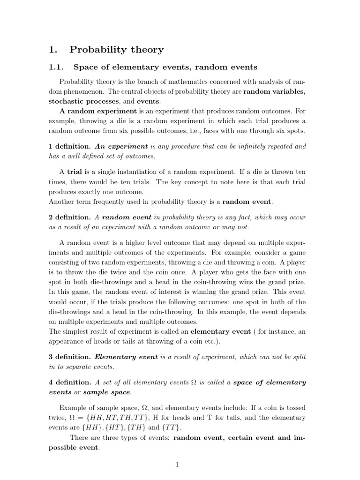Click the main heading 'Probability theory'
[x=116, y=49]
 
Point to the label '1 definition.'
[x=70, y=146]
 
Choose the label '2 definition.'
[x=70, y=217]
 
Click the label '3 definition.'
[x=70, y=357]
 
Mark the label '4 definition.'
[x=70, y=382]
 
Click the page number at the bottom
[x=177, y=464]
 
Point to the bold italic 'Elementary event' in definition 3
[x=125, y=357]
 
